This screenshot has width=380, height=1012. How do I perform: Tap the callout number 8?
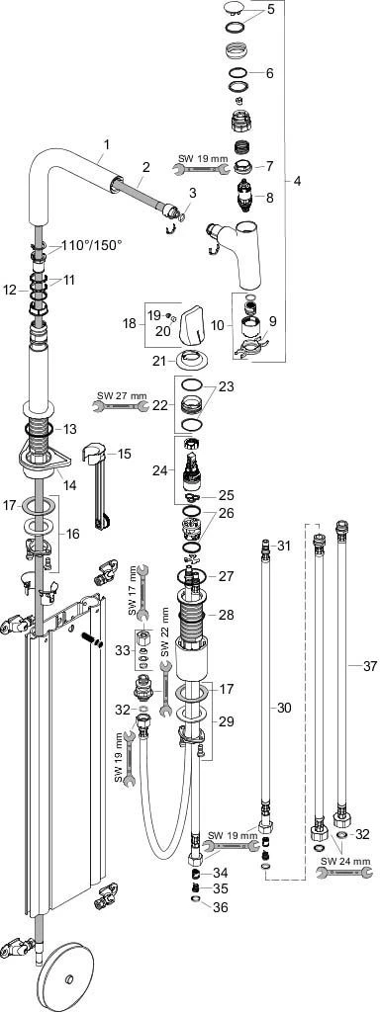point(269,198)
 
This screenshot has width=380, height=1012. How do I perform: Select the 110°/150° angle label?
point(92,245)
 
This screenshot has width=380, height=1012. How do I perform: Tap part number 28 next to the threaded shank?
point(227,615)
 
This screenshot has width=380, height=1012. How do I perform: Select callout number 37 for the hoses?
point(370,667)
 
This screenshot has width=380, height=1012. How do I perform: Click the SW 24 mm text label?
point(345,861)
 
